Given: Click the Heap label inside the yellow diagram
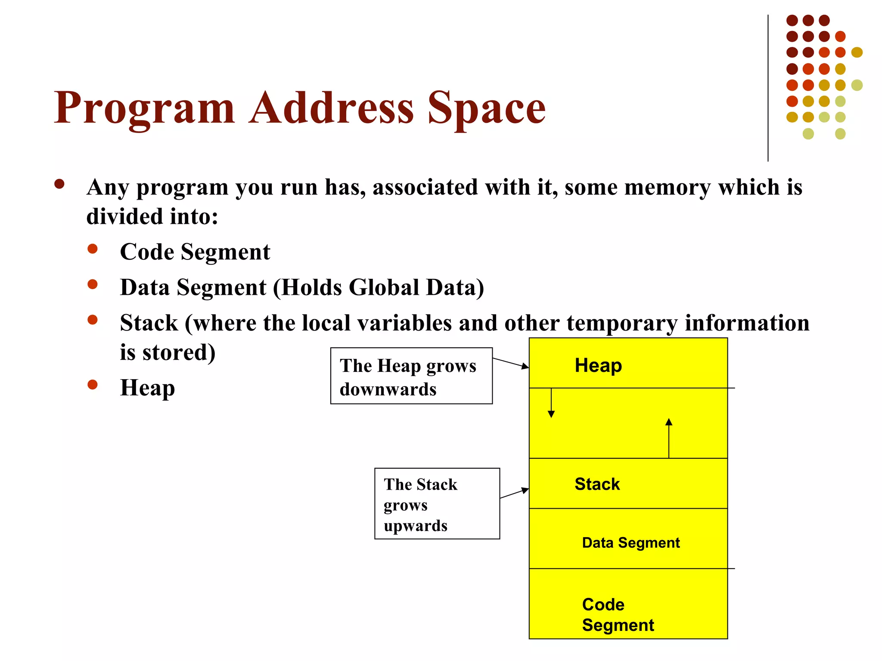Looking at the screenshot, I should [598, 366].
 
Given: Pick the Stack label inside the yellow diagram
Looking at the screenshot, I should [597, 484].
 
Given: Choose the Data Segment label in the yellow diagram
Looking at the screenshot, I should [630, 543].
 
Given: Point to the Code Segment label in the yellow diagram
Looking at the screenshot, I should [618, 615].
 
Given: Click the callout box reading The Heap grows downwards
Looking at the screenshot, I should [411, 376].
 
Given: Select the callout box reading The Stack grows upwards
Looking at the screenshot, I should [437, 503].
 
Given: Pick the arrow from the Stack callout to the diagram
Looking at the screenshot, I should [514, 493].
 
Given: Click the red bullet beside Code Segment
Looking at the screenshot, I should [93, 249].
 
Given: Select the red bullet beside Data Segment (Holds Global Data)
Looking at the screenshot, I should [93, 284].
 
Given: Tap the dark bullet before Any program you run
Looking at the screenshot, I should [59, 185].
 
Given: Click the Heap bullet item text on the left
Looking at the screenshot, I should [147, 388].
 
